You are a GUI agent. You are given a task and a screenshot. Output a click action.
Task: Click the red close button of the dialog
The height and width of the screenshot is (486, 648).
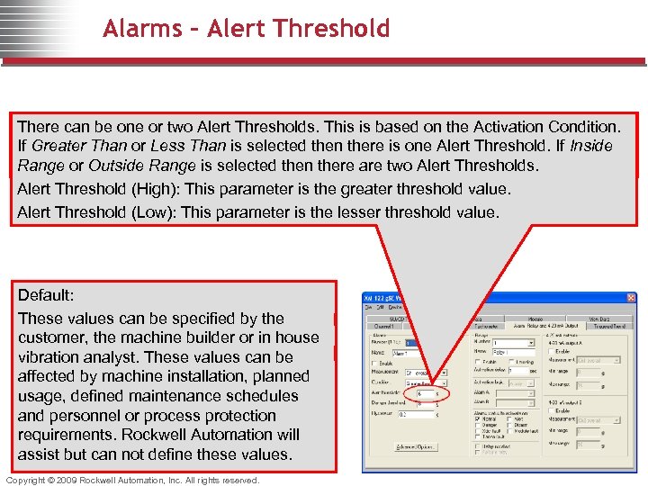click(x=630, y=299)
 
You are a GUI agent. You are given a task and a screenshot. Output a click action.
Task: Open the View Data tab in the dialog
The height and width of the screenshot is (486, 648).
click(x=599, y=319)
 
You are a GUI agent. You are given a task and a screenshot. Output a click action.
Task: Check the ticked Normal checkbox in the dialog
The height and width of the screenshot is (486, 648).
click(x=477, y=418)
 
